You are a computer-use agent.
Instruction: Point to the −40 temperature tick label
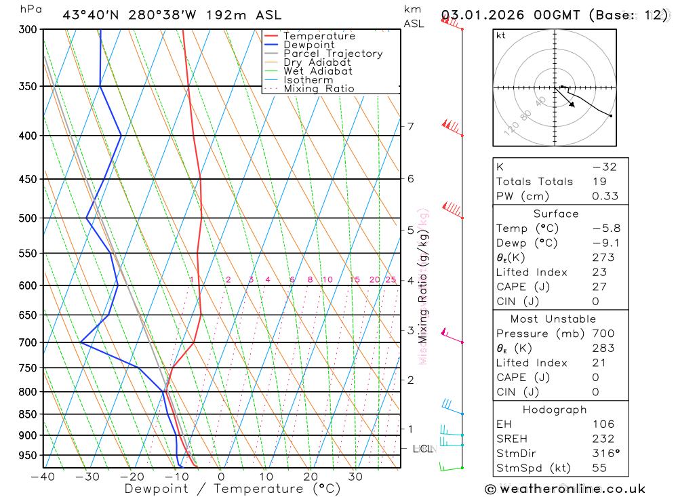click(x=43, y=477)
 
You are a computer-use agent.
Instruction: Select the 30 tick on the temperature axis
click(x=355, y=477)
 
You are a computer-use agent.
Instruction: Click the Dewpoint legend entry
click(x=308, y=45)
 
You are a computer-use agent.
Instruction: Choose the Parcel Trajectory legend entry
click(x=332, y=54)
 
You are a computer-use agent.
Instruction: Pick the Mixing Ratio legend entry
click(x=319, y=89)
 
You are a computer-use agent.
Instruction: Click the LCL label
click(x=423, y=449)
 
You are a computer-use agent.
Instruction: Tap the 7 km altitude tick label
click(x=410, y=126)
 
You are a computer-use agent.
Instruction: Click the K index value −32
click(x=604, y=167)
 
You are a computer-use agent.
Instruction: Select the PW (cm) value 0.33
click(x=605, y=197)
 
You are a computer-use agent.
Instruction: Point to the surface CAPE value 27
click(x=600, y=287)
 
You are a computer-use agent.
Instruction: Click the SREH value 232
click(x=603, y=439)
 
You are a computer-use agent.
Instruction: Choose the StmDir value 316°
click(x=603, y=454)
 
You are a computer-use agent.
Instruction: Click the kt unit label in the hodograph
click(x=501, y=36)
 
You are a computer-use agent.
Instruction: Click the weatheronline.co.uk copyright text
click(x=565, y=489)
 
